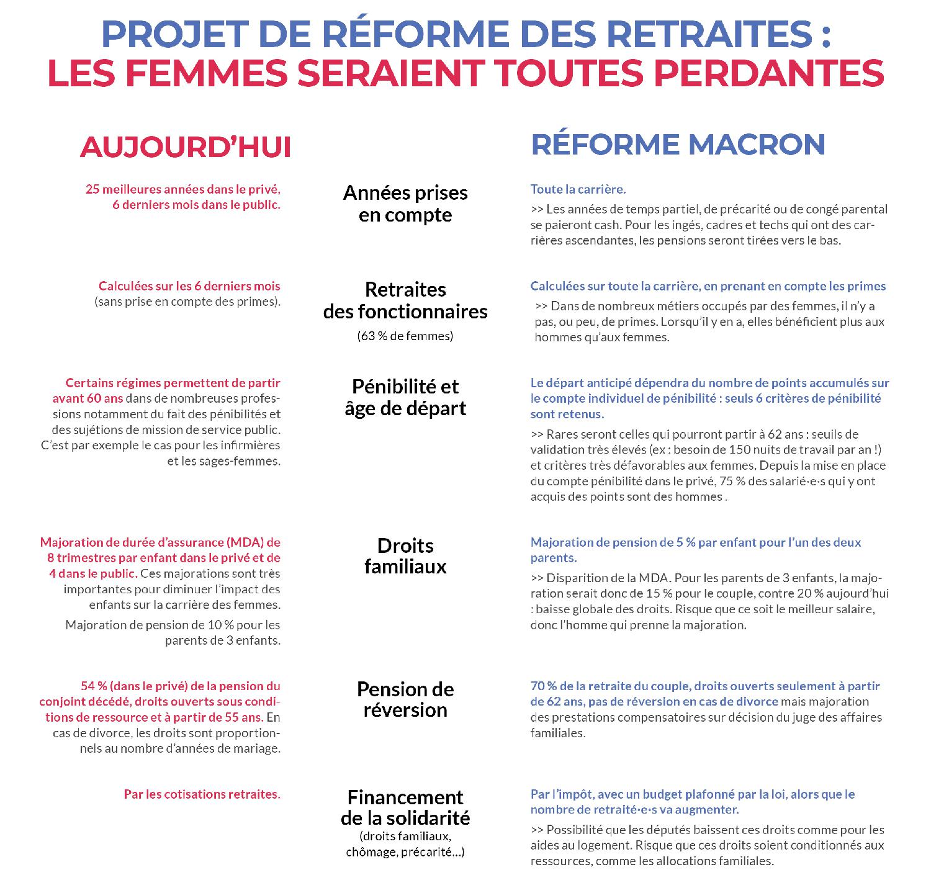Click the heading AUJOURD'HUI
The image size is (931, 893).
[185, 148]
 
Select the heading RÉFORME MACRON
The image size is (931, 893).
[678, 145]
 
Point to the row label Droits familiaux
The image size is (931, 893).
[405, 556]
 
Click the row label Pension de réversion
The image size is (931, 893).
[405, 699]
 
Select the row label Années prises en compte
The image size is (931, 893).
[405, 204]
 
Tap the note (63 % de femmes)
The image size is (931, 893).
[405, 336]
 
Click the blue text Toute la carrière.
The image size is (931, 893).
[578, 189]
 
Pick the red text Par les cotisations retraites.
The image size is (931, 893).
[202, 794]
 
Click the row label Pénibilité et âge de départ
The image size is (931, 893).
[405, 397]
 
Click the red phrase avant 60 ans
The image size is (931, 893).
[88, 398]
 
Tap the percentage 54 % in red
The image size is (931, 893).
[94, 686]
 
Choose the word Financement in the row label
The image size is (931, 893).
[405, 797]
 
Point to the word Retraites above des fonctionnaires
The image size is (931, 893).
[405, 290]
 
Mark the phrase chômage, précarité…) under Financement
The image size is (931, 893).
[405, 852]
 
